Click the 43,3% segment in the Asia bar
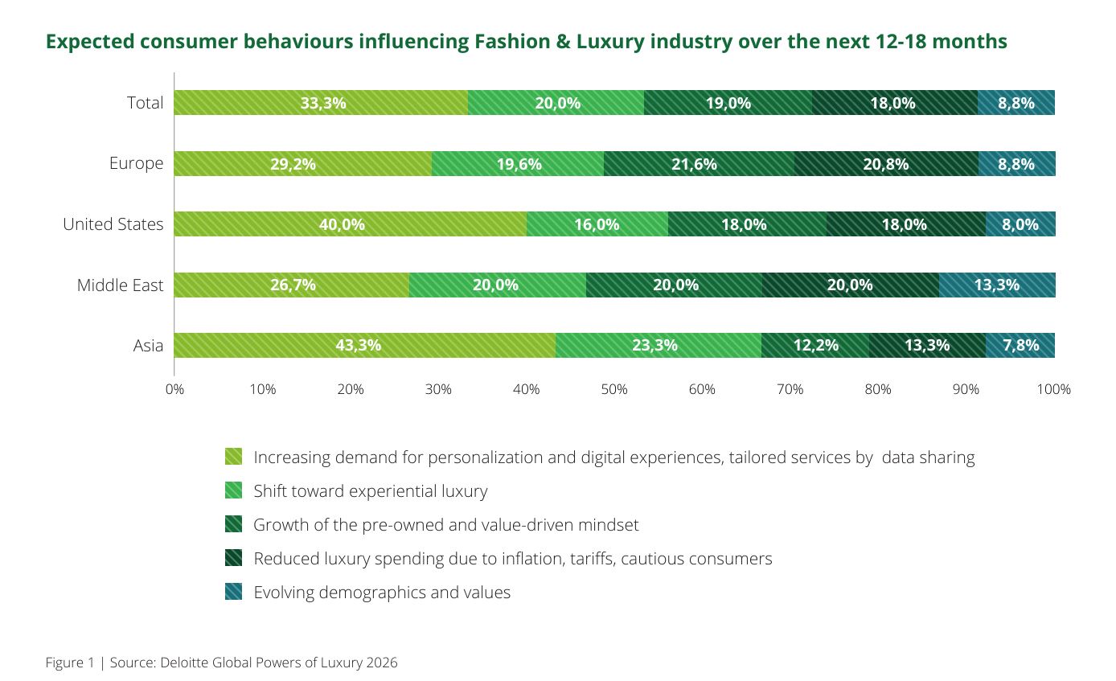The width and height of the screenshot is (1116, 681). click(x=364, y=345)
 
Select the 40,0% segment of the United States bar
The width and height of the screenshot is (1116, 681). click(x=350, y=224)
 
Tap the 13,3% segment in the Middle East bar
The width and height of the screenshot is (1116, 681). click(x=996, y=285)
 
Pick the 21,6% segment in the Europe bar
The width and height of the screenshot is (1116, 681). click(x=699, y=164)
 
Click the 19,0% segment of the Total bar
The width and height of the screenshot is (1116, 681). click(x=728, y=103)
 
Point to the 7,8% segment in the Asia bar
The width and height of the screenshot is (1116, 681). click(x=1020, y=345)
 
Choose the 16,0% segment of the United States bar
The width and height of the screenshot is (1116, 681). click(x=597, y=224)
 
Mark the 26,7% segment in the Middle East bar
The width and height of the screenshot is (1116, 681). click(x=291, y=285)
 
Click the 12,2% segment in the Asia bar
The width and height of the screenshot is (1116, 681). click(x=814, y=345)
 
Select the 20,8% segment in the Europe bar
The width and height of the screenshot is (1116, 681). click(x=886, y=164)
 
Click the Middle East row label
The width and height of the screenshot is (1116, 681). click(x=120, y=285)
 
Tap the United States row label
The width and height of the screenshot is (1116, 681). click(x=113, y=224)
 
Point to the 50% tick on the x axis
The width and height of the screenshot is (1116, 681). click(x=614, y=389)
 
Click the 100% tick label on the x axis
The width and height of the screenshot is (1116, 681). click(x=1053, y=389)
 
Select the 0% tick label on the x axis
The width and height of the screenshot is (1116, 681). click(x=174, y=389)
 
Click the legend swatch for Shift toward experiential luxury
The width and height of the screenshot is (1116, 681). click(x=233, y=490)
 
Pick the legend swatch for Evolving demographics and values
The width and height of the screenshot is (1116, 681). click(x=233, y=593)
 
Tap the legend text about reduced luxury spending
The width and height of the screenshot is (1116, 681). click(x=512, y=559)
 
